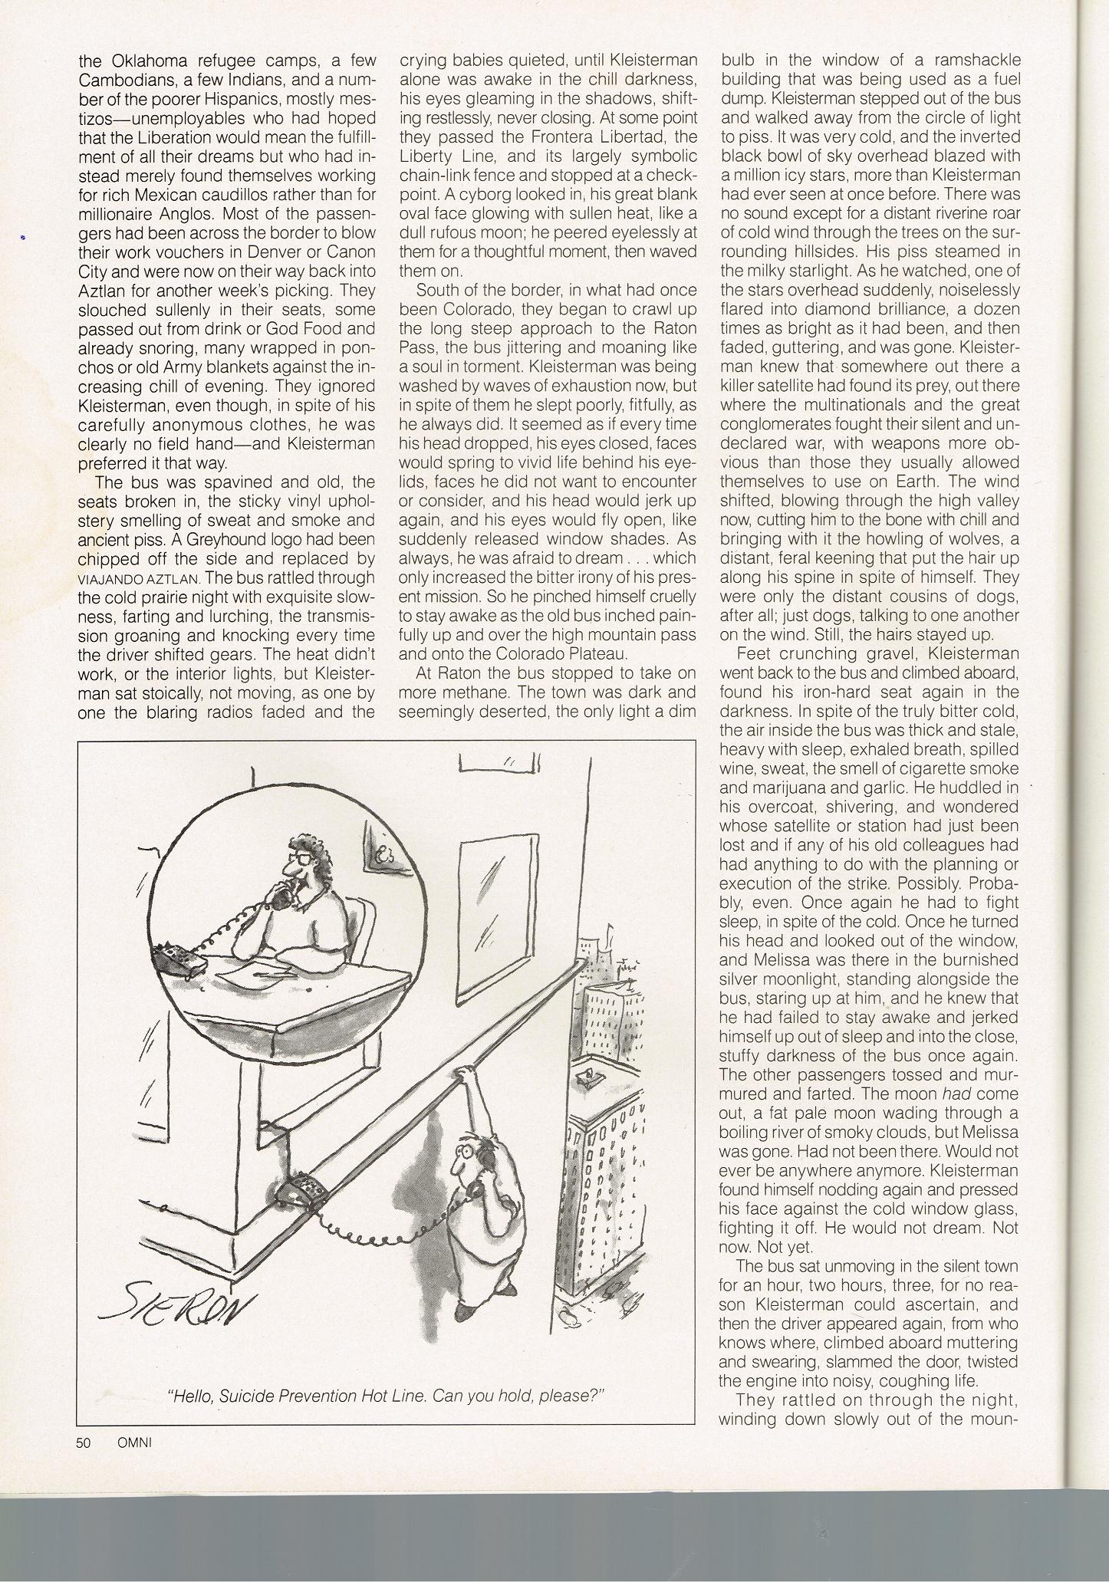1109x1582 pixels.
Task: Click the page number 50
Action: pyautogui.click(x=84, y=1442)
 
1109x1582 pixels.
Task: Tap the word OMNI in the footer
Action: pyautogui.click(x=135, y=1442)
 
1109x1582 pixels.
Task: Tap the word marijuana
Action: pyautogui.click(x=755, y=788)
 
